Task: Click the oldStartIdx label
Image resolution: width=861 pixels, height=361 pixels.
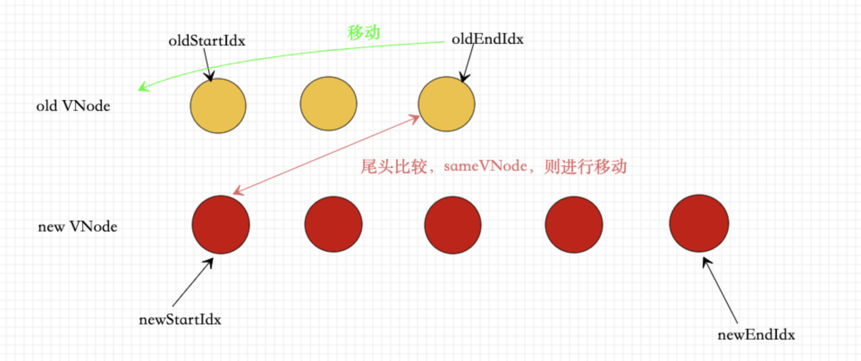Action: coord(207,41)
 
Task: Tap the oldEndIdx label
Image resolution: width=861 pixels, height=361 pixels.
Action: coord(487,39)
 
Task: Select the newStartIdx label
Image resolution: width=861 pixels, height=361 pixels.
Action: coord(180,319)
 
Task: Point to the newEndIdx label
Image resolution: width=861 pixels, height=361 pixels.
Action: coord(756,335)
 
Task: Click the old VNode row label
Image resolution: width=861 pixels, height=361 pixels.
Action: coord(73,106)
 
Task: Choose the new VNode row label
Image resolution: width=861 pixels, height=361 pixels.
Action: coord(77,227)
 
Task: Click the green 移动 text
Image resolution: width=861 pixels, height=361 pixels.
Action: coord(363,32)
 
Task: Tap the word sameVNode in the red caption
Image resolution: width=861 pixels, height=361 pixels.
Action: coord(485,166)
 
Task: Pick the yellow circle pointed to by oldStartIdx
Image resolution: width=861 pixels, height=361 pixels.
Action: coord(218,106)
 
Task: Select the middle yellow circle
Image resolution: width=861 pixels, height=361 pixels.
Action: coord(329,104)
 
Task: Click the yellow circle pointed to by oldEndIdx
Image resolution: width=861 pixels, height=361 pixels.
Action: coord(447,104)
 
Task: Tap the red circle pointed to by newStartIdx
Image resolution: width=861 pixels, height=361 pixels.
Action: coord(221,225)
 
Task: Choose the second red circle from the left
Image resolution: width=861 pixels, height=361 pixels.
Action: coord(333,224)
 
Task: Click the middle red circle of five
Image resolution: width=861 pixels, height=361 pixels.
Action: coord(453,225)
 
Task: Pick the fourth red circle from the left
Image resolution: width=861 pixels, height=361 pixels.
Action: coord(574,224)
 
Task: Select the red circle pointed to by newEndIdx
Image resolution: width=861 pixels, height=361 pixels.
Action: coord(699,223)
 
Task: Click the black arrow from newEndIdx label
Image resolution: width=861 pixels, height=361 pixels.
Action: coord(720,290)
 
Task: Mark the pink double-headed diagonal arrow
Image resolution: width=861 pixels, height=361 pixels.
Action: coord(326,155)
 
